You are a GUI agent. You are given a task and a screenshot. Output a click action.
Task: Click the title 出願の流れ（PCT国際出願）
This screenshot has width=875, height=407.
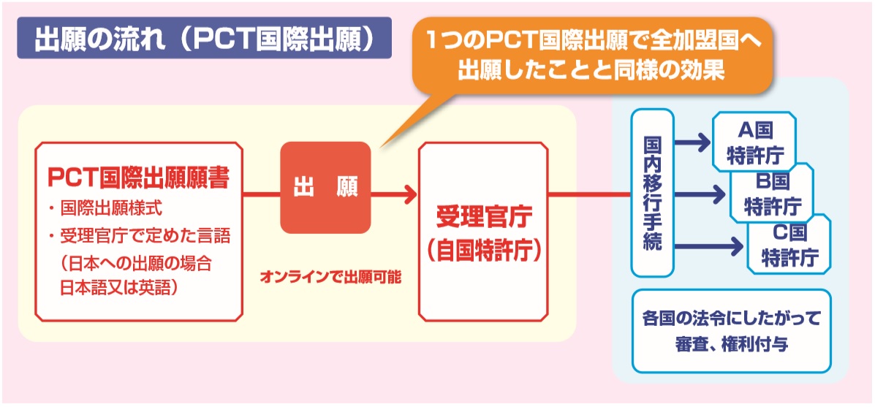tap(203, 39)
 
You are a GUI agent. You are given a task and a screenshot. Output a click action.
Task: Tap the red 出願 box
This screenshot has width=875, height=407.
tap(325, 188)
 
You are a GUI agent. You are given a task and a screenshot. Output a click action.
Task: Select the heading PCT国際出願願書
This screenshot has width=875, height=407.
tap(139, 178)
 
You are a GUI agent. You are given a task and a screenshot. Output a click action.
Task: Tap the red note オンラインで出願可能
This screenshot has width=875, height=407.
tap(330, 277)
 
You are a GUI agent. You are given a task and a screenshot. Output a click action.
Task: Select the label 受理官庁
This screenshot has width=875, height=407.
tap(483, 218)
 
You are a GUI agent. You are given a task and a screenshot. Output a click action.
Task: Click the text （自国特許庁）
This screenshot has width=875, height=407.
tap(483, 248)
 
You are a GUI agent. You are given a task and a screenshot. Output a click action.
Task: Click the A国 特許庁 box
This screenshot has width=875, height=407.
tap(754, 140)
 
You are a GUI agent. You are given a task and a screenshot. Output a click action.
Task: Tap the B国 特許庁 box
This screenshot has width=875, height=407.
tap(772, 192)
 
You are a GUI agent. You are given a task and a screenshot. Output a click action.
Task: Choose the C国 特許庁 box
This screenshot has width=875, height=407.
tap(789, 245)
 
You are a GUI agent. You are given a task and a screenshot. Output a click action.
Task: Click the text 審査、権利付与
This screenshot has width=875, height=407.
tap(731, 343)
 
